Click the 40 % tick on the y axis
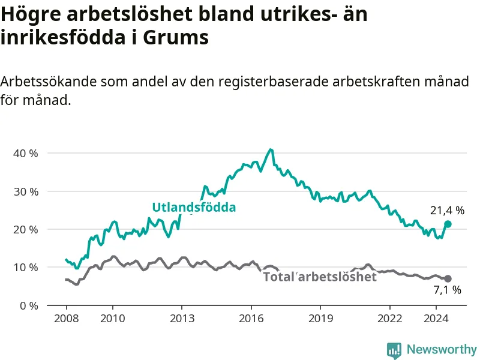(x=26, y=153)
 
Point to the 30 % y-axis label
(x=26, y=191)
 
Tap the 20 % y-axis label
(x=26, y=229)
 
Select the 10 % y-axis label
(x=26, y=268)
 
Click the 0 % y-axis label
(x=29, y=305)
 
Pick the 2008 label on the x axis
(x=67, y=319)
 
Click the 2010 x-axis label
(x=113, y=319)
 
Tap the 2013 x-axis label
(x=182, y=319)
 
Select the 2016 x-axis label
(x=251, y=319)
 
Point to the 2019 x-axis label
(x=320, y=319)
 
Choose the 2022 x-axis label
(x=389, y=319)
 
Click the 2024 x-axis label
(x=436, y=319)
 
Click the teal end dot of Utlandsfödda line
(x=448, y=224)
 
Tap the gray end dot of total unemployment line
(x=448, y=278)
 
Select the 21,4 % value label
(x=447, y=211)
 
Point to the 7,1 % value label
(x=447, y=290)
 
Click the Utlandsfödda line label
(x=194, y=207)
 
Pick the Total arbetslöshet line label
(x=320, y=277)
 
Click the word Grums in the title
(x=176, y=37)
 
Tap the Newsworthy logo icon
(x=394, y=350)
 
